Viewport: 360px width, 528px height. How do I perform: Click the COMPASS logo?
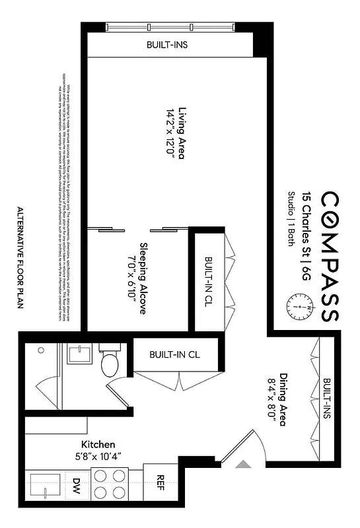[330, 257]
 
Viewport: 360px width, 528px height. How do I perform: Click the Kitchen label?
[98, 444]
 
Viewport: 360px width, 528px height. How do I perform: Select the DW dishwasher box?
[77, 485]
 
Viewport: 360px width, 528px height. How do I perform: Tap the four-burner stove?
[110, 484]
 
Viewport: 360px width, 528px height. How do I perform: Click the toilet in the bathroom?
[109, 363]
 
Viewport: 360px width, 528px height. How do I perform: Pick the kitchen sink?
[45, 486]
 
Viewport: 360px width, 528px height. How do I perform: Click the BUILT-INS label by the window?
[168, 46]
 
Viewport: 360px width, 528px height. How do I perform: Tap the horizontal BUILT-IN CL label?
[174, 355]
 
